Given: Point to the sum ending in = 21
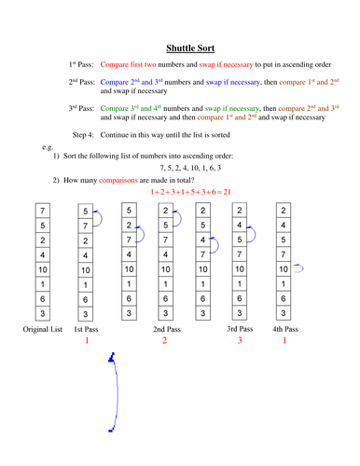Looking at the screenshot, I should pyautogui.click(x=190, y=191).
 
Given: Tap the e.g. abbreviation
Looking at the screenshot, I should pyautogui.click(x=48, y=148).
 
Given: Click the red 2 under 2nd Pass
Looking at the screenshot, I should pyautogui.click(x=165, y=341).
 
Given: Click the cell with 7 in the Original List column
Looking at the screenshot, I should pyautogui.click(x=42, y=211).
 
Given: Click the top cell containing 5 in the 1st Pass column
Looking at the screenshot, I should pyautogui.click(x=85, y=211).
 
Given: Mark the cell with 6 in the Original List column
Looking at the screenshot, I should pyautogui.click(x=42, y=298).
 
